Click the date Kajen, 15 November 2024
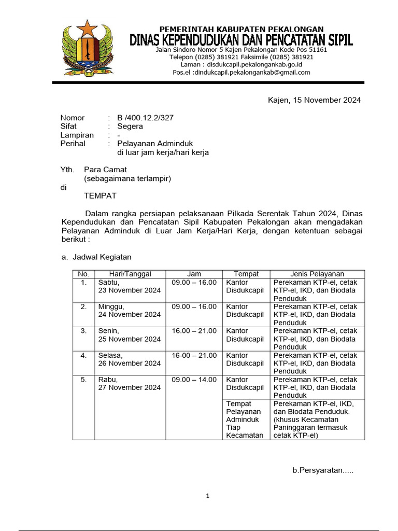point(314,100)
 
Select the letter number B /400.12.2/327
point(145,118)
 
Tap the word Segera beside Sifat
point(130,126)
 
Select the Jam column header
point(194,274)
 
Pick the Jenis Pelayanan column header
point(317,274)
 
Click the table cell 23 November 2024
point(130,290)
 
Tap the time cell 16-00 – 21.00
point(194,355)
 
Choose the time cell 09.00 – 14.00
point(194,380)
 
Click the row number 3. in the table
point(84,331)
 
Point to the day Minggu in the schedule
point(111,306)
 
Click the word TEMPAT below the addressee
point(100,195)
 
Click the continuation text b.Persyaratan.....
point(323,470)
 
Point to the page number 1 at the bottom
point(207,496)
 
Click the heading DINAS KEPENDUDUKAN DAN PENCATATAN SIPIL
point(241,40)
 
